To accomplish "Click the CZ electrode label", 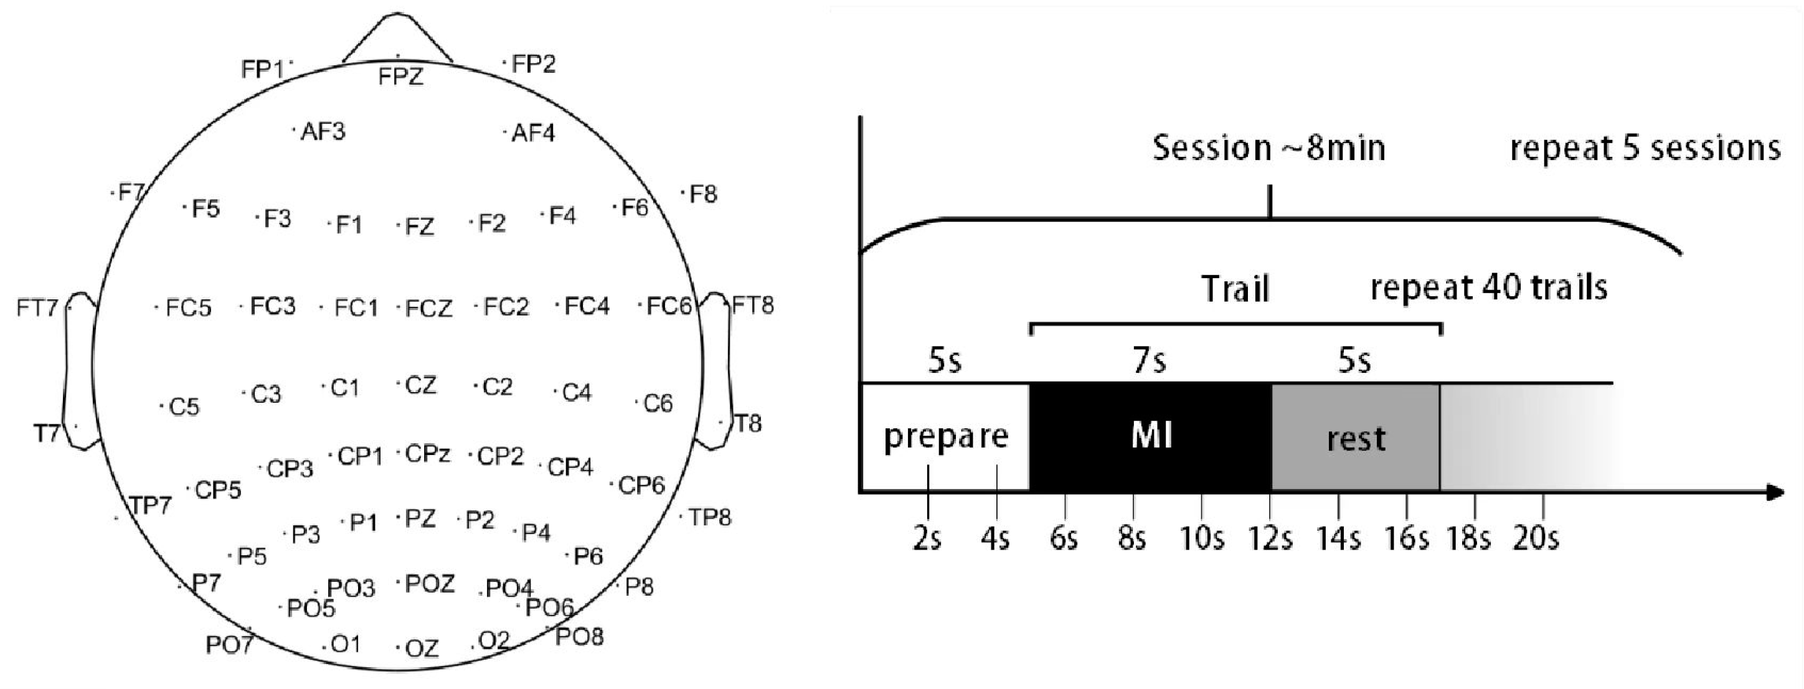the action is tap(421, 385).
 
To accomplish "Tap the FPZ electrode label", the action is tap(400, 76).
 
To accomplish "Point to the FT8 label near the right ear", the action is tap(753, 306).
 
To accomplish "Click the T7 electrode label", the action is tap(47, 434).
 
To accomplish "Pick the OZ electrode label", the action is tap(422, 649).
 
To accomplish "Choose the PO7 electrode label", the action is tap(229, 644).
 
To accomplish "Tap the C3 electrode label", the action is tap(265, 395).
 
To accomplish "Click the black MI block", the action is tap(1151, 437).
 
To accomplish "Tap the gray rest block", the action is tap(1356, 438).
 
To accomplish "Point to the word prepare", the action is tap(945, 437).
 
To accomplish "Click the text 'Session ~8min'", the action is tap(1269, 148).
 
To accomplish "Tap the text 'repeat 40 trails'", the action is tap(1488, 288).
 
